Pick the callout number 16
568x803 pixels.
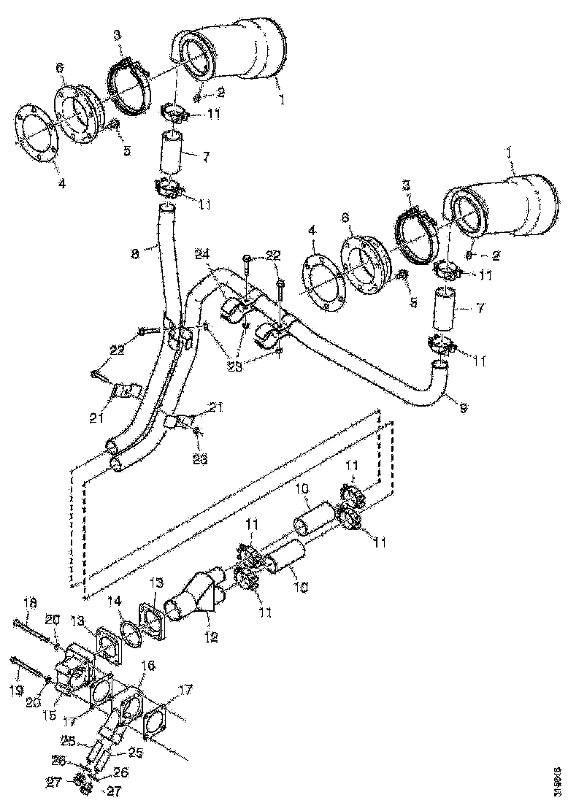pos(148,665)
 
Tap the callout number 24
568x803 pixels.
pos(202,254)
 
